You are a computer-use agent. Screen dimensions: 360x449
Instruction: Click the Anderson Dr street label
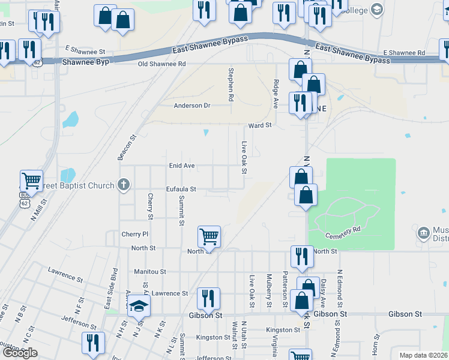[192, 106]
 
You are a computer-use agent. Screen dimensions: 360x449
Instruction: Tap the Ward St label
[261, 125]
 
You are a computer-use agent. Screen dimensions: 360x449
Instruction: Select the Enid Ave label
[181, 166]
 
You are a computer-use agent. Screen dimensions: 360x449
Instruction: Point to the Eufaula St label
[181, 189]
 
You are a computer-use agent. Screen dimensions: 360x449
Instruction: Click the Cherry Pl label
[134, 234]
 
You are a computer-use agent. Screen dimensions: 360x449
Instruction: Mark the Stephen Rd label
[230, 83]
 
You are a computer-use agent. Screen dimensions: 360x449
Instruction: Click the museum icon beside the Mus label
[423, 232]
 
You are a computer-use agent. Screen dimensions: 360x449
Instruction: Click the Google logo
[20, 353]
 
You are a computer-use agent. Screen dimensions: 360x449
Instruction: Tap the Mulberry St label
[269, 290]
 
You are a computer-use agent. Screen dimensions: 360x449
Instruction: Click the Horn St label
[375, 345]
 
